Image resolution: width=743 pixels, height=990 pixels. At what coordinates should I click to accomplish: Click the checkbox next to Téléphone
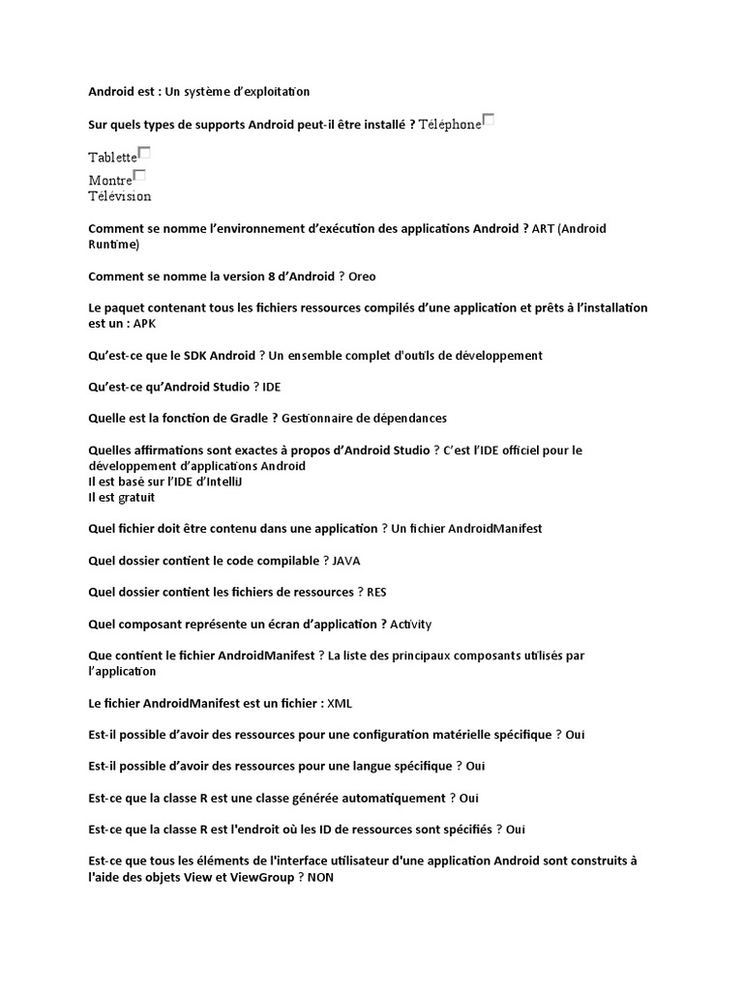pyautogui.click(x=489, y=120)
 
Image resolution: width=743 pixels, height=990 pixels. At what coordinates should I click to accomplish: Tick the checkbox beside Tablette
pyautogui.click(x=144, y=153)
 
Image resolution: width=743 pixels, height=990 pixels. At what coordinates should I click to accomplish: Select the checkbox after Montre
pyautogui.click(x=139, y=175)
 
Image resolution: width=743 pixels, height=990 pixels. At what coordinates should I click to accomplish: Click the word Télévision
pyautogui.click(x=120, y=196)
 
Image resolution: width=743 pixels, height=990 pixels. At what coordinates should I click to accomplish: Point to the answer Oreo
pyautogui.click(x=362, y=277)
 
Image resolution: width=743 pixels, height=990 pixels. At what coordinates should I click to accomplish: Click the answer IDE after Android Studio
pyautogui.click(x=272, y=387)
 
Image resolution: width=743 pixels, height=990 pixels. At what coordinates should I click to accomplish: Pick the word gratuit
pyautogui.click(x=134, y=498)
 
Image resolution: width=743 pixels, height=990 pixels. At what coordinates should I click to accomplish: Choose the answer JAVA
pyautogui.click(x=346, y=561)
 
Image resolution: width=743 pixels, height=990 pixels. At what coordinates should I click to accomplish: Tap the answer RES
pyautogui.click(x=376, y=592)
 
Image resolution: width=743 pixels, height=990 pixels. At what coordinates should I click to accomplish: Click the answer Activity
pyautogui.click(x=410, y=624)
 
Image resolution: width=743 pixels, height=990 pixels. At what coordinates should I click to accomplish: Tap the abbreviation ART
pyautogui.click(x=544, y=229)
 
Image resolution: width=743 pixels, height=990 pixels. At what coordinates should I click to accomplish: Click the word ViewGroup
pyautogui.click(x=260, y=877)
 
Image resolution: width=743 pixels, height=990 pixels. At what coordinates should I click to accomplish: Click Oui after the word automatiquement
pyautogui.click(x=469, y=798)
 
